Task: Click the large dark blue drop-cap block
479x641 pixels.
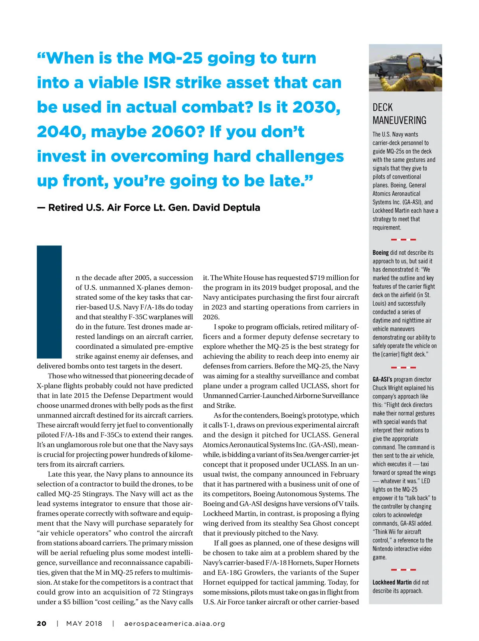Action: (49, 302)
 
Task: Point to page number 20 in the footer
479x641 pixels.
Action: (42, 623)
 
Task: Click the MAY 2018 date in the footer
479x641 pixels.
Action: (84, 623)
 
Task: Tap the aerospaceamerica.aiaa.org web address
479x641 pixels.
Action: (174, 623)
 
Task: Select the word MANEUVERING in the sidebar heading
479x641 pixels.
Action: (399, 120)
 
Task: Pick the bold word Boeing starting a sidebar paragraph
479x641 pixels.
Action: (380, 253)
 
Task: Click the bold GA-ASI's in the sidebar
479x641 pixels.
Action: (382, 379)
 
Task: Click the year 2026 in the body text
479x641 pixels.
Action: (211, 317)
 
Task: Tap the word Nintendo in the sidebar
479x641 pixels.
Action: (384, 549)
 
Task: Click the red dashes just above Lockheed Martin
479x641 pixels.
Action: (403, 570)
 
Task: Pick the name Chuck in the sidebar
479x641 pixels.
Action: (380, 388)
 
